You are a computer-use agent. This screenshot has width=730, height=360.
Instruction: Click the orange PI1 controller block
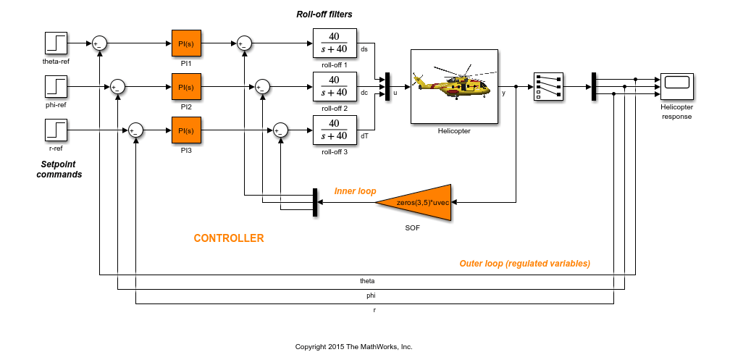tap(186, 44)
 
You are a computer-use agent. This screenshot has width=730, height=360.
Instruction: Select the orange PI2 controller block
tap(186, 87)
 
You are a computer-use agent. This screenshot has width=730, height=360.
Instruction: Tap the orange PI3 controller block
tap(186, 130)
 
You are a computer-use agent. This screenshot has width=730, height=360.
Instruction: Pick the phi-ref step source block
tap(56, 87)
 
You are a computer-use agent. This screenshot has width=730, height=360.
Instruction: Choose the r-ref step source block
tap(56, 130)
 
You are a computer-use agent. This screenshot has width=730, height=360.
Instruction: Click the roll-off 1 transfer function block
tap(335, 43)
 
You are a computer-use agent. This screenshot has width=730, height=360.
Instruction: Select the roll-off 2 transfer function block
tap(335, 87)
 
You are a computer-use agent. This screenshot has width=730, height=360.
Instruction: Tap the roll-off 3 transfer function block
tap(335, 130)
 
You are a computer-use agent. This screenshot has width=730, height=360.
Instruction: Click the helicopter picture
tap(453, 86)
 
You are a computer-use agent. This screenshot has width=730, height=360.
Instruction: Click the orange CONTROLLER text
tap(229, 238)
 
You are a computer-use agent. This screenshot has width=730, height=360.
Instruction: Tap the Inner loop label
tap(355, 191)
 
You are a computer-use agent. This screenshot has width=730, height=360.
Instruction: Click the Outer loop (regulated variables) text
tap(524, 264)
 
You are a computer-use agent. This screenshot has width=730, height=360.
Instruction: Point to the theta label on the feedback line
tap(367, 280)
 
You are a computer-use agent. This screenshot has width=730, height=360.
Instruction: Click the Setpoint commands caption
tap(59, 169)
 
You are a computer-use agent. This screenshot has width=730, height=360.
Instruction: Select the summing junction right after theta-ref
tap(100, 43)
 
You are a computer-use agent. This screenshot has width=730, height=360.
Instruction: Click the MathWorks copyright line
tap(353, 347)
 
